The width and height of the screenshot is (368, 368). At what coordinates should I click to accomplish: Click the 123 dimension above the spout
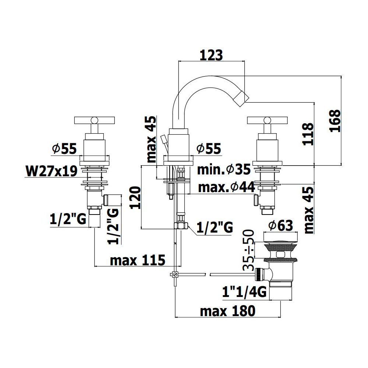(x=211, y=56)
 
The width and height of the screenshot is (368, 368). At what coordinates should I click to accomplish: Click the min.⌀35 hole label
(x=224, y=169)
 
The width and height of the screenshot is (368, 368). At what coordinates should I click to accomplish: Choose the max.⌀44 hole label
(x=226, y=187)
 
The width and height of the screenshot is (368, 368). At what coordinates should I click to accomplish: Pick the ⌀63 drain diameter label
(x=281, y=226)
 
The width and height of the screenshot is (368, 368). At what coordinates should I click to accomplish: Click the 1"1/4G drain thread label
(x=244, y=292)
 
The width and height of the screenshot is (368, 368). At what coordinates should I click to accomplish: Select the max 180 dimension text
(x=228, y=311)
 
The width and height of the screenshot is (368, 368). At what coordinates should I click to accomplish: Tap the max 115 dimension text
(x=138, y=260)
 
